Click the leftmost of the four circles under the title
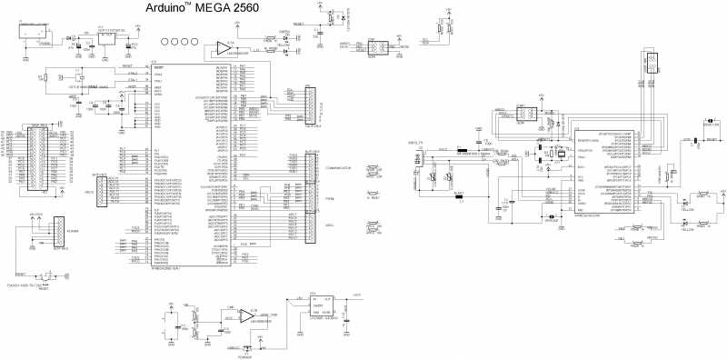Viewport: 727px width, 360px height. [164, 42]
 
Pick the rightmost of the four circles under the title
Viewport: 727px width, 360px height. [197, 42]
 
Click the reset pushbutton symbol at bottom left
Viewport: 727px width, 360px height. [42, 274]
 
